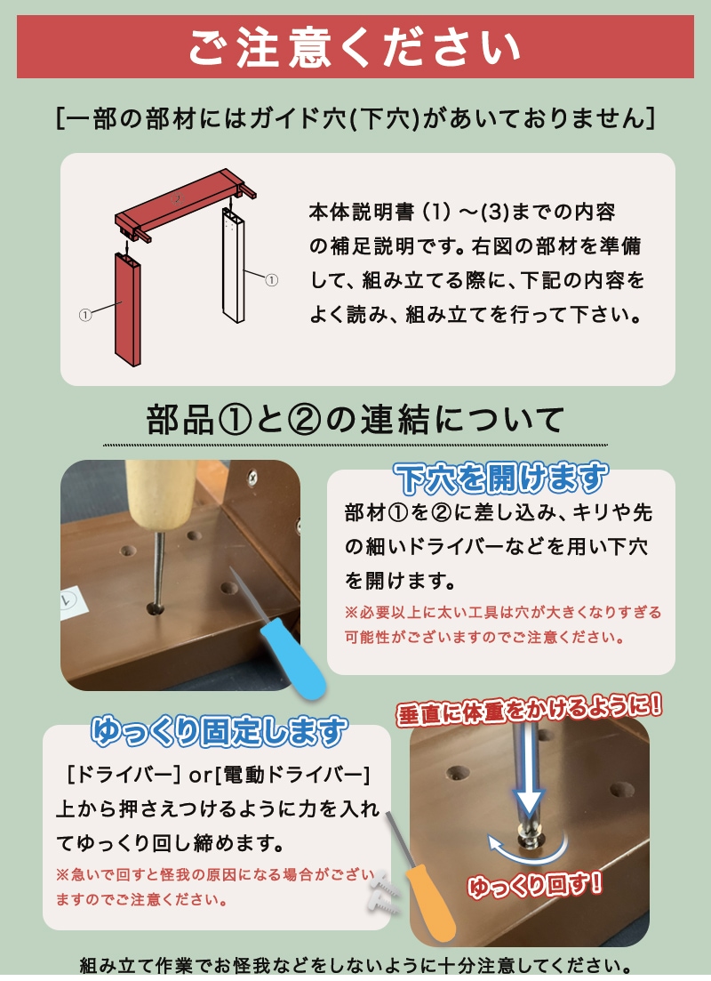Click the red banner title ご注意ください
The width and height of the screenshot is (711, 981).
(355, 46)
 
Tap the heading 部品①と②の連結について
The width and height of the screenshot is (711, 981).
(355, 419)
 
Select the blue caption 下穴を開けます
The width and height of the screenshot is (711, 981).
(501, 479)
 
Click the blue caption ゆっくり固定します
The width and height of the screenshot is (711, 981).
(218, 731)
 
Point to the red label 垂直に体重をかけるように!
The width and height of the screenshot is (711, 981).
(531, 708)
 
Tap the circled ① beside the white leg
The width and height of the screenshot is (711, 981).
(272, 280)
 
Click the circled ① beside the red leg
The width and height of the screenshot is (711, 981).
(85, 315)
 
